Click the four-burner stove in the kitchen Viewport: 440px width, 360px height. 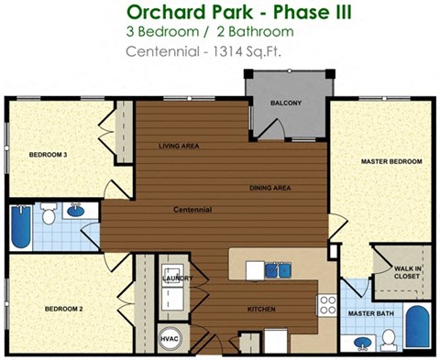tap(326, 304)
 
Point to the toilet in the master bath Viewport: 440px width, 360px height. tap(389, 341)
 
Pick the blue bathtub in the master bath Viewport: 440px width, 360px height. tap(419, 327)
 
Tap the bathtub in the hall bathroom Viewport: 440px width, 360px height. tap(21, 226)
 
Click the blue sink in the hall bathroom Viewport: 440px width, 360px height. tap(76, 212)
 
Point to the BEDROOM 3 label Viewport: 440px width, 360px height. tap(48, 155)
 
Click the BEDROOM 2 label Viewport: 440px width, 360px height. tap(64, 309)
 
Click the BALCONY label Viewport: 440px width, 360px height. tap(285, 103)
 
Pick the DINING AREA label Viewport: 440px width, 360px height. tap(270, 188)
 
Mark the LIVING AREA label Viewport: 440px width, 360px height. tap(180, 146)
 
